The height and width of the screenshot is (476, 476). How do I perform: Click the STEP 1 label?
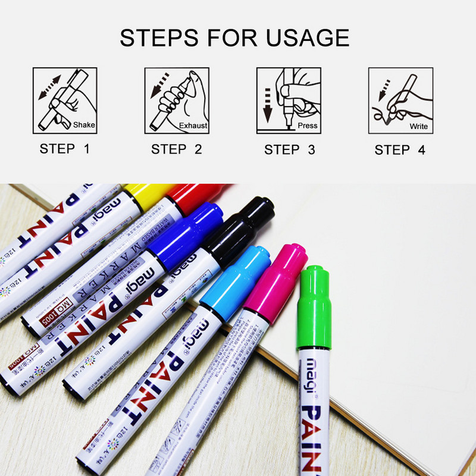(64, 149)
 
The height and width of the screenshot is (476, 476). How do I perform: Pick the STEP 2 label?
(177, 149)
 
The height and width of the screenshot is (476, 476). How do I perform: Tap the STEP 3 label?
(290, 149)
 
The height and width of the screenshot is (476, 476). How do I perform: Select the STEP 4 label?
(400, 149)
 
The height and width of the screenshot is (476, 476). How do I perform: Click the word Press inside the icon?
(308, 126)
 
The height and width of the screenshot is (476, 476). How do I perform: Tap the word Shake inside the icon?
(84, 126)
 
